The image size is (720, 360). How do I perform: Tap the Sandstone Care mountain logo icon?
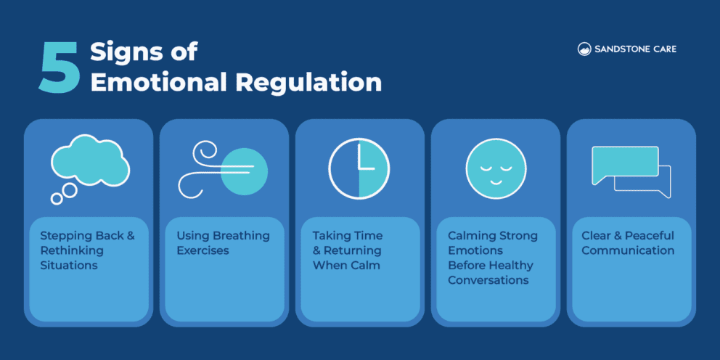click(x=584, y=49)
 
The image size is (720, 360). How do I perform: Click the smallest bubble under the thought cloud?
click(x=54, y=198)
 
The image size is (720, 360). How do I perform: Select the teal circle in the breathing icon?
click(x=244, y=171)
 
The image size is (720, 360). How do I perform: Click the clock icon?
click(x=359, y=168)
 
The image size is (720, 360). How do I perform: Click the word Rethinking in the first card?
click(x=72, y=250)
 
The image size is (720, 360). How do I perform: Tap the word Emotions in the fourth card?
click(x=475, y=250)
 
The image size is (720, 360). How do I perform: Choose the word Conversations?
click(x=488, y=280)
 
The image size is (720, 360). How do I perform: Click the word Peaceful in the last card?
click(x=646, y=236)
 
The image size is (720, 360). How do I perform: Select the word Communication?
click(x=628, y=250)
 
